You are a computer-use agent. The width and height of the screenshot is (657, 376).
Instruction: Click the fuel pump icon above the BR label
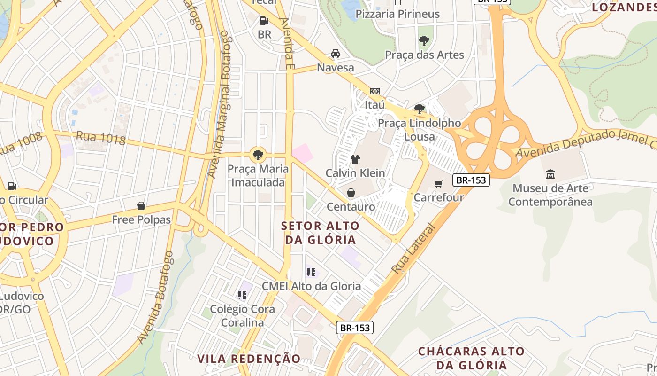(x=264, y=20)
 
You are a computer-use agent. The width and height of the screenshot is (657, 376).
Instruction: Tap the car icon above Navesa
(x=336, y=54)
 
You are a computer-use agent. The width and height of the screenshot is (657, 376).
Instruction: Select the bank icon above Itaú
(x=375, y=91)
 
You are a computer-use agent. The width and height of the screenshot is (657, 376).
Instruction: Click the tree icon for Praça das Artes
(x=424, y=41)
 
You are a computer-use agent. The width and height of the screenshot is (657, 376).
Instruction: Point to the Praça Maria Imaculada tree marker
(x=258, y=154)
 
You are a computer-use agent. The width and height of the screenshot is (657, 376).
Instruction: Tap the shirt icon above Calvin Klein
(x=355, y=159)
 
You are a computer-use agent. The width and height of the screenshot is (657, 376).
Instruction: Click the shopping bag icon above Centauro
(x=351, y=193)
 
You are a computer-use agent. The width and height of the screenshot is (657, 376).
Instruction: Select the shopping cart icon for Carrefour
(x=438, y=184)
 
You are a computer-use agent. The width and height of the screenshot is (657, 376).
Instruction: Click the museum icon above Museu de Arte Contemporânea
(x=550, y=174)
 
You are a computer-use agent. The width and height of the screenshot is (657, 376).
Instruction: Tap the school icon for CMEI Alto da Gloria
(x=311, y=272)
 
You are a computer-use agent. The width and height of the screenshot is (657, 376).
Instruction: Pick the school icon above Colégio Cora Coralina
(x=242, y=295)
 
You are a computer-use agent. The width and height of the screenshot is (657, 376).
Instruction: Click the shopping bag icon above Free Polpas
(x=141, y=206)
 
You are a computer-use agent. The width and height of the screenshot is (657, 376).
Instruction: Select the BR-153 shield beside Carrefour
(x=471, y=180)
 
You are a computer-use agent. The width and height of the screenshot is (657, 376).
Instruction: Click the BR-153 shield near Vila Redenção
(x=355, y=328)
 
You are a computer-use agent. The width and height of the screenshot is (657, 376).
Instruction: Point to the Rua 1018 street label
(x=101, y=138)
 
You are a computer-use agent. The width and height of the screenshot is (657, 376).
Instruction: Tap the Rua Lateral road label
(x=413, y=249)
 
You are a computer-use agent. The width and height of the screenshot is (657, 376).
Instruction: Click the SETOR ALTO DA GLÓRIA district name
(x=321, y=233)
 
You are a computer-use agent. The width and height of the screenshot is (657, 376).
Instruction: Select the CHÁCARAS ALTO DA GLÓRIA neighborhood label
(x=471, y=358)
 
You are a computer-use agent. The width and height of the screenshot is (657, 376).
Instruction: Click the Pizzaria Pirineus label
(x=397, y=14)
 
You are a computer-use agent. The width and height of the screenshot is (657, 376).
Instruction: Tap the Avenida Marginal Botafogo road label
(x=220, y=104)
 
